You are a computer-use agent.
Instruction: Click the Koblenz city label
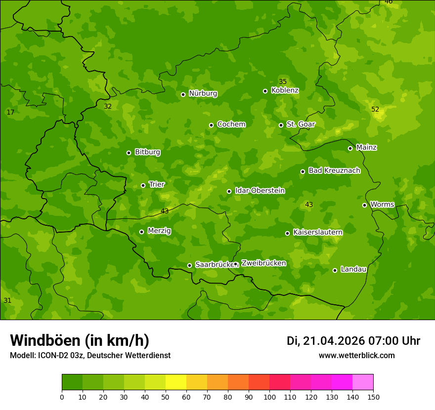click(x=285, y=90)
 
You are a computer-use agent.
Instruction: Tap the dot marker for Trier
click(x=143, y=185)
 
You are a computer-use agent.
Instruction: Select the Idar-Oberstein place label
click(x=260, y=191)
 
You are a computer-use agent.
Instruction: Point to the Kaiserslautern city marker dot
click(x=287, y=233)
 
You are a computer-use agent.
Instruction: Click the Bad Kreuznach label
click(x=334, y=170)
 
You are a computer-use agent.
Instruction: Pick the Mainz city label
click(x=366, y=147)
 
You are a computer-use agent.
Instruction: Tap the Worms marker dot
click(x=364, y=205)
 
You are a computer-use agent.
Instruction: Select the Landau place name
click(x=353, y=269)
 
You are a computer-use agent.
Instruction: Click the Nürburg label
click(x=203, y=93)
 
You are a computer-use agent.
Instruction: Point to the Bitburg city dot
click(x=129, y=153)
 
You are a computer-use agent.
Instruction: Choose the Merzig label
click(x=159, y=231)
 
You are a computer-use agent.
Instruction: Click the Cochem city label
click(x=231, y=124)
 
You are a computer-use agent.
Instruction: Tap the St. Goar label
click(x=301, y=124)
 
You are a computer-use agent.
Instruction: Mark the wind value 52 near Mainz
click(x=375, y=109)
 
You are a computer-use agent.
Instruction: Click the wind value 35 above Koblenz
click(x=283, y=82)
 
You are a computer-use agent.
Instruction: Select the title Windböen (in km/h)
click(x=80, y=340)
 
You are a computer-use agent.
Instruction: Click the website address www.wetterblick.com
click(x=356, y=356)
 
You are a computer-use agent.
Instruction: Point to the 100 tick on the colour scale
click(x=269, y=397)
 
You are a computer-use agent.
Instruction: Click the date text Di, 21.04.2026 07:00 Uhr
click(x=353, y=341)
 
